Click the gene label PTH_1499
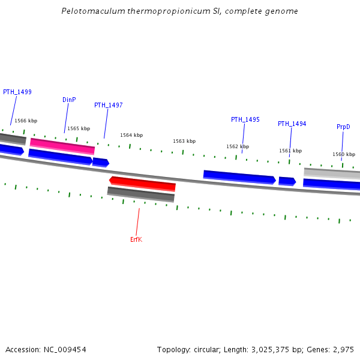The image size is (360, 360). coord(17,92)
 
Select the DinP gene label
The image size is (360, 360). coord(69,100)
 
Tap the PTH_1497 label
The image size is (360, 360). coord(109,105)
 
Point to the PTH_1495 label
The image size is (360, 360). coord(245,119)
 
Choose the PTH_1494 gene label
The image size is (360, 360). coord(292,124)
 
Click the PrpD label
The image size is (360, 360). coord(343,127)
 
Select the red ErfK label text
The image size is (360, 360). coord(136,239)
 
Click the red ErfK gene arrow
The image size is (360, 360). coord(142,183)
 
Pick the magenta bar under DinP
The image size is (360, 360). coord(62,146)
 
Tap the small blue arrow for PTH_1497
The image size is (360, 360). coord(100,162)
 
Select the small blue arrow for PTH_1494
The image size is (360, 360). coord(287,181)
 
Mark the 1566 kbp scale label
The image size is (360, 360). coord(26,121)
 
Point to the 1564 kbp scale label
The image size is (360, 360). coord(131,135)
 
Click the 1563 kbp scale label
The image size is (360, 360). coord(184,141)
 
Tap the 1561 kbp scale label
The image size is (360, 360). coord(290,151)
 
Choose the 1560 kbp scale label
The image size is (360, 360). coord(344,154)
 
